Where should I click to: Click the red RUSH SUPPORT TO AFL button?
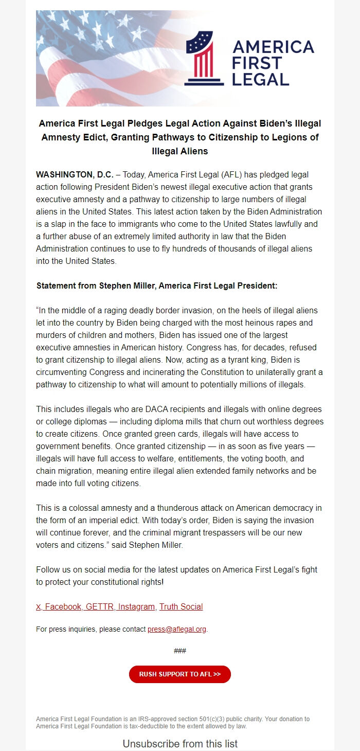(x=180, y=674)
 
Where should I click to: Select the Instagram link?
(x=136, y=606)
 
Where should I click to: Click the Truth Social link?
(x=181, y=606)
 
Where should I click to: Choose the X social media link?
(x=39, y=606)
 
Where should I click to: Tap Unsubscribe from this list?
(x=180, y=744)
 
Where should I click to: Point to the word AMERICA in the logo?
(x=273, y=47)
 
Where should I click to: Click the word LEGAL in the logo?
(x=261, y=79)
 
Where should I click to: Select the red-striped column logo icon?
(x=204, y=58)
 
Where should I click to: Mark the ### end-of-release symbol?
(x=180, y=651)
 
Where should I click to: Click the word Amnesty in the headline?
(x=59, y=137)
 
